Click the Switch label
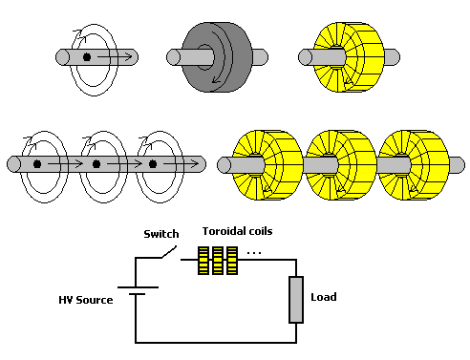click(161, 234)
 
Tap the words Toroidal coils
click(237, 231)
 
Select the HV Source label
click(86, 300)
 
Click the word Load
click(324, 297)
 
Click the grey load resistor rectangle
click(296, 300)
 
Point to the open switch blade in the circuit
click(169, 252)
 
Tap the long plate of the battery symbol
click(138, 287)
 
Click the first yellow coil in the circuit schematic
click(203, 261)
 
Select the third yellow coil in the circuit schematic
click(232, 261)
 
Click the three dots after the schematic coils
click(254, 253)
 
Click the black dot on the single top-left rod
click(87, 57)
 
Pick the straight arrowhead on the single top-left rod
click(128, 57)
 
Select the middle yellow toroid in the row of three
click(341, 165)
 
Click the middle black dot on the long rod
click(96, 164)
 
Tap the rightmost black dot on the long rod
click(153, 164)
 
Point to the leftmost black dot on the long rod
click(37, 164)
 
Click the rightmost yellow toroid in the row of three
click(414, 165)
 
